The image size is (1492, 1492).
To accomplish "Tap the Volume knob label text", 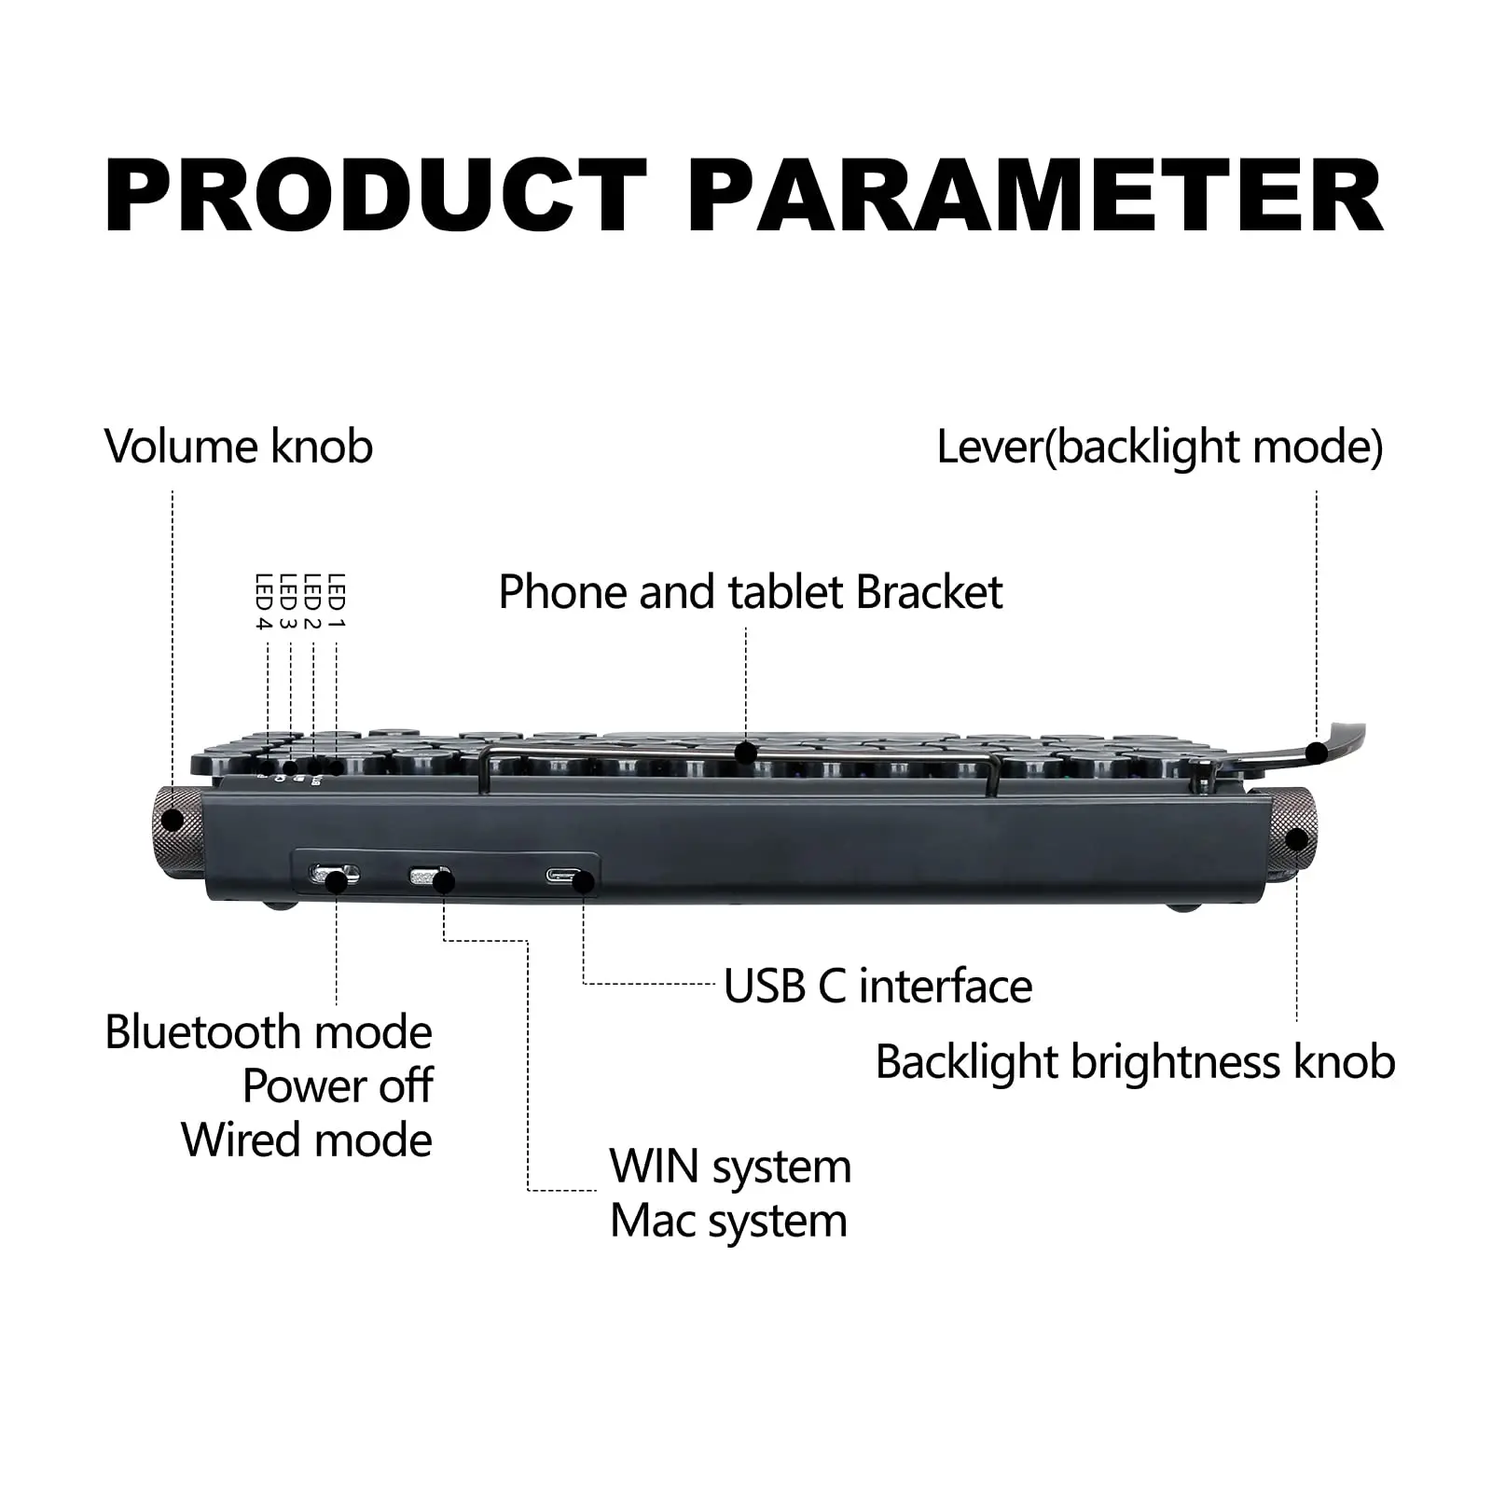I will click(239, 447).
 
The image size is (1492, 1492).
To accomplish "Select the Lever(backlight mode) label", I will click(1159, 447).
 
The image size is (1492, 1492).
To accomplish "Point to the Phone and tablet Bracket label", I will click(751, 592).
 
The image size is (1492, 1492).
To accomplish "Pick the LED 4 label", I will click(263, 601).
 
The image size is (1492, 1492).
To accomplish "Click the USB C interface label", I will click(877, 987).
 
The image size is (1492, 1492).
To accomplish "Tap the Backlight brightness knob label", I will click(1135, 1062).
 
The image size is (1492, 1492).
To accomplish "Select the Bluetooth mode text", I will click(269, 1032).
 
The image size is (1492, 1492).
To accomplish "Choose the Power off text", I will click(338, 1085).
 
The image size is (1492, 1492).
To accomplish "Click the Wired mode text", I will click(307, 1140).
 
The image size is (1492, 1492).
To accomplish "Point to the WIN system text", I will click(730, 1167).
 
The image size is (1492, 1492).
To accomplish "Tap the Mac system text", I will click(728, 1221).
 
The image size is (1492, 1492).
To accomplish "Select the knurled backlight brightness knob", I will click(1294, 833).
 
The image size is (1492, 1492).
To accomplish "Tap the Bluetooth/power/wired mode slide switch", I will click(334, 876).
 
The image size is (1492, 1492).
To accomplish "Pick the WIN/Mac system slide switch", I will click(431, 877).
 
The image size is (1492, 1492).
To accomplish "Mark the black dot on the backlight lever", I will click(1317, 753).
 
